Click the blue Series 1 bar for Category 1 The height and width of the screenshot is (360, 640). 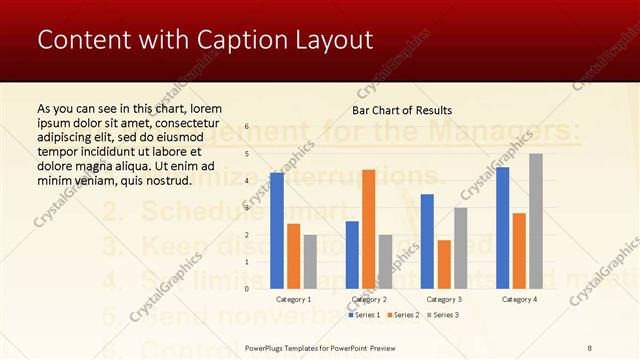tap(277, 231)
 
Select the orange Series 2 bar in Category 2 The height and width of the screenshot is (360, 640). tap(368, 229)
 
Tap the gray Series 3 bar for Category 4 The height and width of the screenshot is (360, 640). tap(536, 221)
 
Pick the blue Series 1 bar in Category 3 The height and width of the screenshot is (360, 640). tap(427, 241)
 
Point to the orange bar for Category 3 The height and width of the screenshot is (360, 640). tap(443, 264)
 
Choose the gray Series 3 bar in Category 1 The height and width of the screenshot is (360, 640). tap(310, 261)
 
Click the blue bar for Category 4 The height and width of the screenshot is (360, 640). tap(502, 227)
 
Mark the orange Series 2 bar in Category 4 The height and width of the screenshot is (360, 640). tap(519, 250)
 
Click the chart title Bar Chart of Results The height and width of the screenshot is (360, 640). tap(402, 110)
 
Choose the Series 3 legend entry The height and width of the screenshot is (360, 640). tap(444, 315)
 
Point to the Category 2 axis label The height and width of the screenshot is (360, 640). tap(369, 299)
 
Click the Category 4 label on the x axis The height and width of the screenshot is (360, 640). tap(519, 299)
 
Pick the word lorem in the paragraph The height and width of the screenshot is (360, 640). tap(202, 108)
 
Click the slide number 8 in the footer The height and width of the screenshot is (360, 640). tap(590, 347)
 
